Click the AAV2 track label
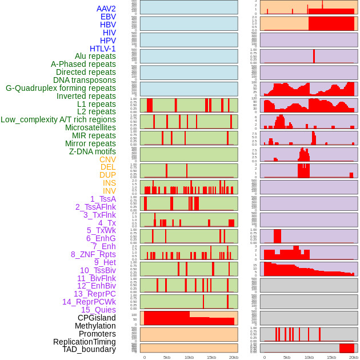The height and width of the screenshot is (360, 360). click(106, 9)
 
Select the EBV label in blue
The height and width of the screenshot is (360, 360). click(108, 17)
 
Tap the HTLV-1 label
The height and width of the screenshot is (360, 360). click(103, 49)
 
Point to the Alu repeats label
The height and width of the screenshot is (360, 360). click(95, 56)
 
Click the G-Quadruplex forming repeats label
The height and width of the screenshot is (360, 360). click(61, 88)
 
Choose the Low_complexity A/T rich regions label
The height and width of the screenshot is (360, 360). click(58, 119)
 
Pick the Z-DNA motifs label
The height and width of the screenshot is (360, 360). click(92, 151)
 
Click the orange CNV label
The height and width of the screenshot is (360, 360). click(107, 159)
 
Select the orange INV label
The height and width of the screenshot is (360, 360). click(109, 191)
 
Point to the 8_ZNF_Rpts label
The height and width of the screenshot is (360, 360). click(93, 254)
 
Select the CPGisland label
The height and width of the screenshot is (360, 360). click(97, 318)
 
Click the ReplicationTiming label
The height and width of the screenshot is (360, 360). click(84, 342)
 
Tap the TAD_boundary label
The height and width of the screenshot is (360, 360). click(89, 349)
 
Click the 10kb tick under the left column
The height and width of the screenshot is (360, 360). click(189, 357)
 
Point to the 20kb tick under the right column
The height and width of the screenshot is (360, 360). click(354, 357)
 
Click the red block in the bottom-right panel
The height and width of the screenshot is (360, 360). click(347, 348)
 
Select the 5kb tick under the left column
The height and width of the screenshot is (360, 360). click(167, 357)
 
